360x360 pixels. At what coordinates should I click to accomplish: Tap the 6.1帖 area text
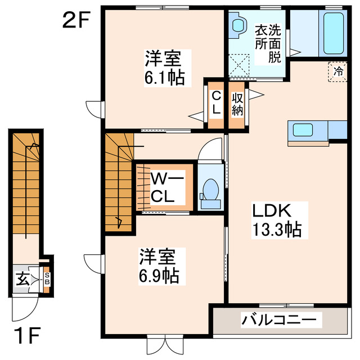(x=164, y=78)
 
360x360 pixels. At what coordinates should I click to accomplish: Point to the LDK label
(x=270, y=211)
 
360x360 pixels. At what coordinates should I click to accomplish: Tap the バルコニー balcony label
(x=279, y=320)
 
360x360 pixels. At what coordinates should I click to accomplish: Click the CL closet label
(x=215, y=103)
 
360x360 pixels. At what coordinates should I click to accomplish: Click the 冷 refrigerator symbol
(x=338, y=71)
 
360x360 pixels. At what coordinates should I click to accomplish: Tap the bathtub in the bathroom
(x=334, y=33)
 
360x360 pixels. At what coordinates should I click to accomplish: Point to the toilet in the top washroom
(x=238, y=25)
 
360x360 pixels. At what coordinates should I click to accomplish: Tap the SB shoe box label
(x=47, y=278)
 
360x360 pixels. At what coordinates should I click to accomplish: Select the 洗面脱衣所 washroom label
(x=268, y=42)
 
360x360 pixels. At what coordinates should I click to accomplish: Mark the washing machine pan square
(x=241, y=64)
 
